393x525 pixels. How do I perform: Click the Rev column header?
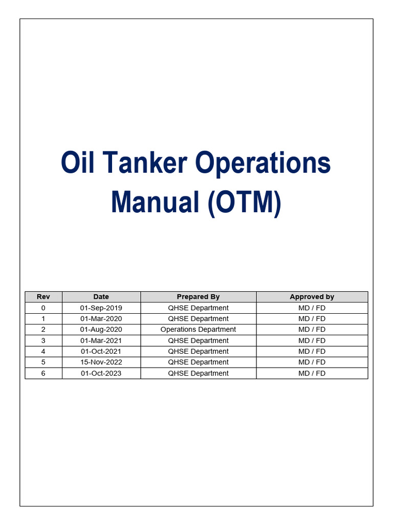(x=43, y=297)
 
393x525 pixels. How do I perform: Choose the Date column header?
(x=101, y=297)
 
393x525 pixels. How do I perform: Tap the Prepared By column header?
(x=198, y=297)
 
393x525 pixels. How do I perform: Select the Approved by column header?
(x=312, y=297)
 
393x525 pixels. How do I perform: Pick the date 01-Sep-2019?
(x=101, y=308)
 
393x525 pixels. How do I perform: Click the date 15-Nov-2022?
(x=101, y=362)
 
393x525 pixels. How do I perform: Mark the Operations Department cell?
(x=198, y=330)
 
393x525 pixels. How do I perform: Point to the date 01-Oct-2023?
(x=101, y=373)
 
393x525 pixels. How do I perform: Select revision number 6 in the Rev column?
(x=43, y=373)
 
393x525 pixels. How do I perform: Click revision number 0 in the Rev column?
(x=43, y=308)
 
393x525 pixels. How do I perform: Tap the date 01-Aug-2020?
(x=101, y=330)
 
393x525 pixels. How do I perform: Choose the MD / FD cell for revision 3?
(x=312, y=340)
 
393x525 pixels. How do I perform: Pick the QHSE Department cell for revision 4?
(x=198, y=351)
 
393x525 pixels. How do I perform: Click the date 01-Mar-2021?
(x=101, y=340)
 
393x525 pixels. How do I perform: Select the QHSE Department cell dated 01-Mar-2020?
(x=198, y=318)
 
